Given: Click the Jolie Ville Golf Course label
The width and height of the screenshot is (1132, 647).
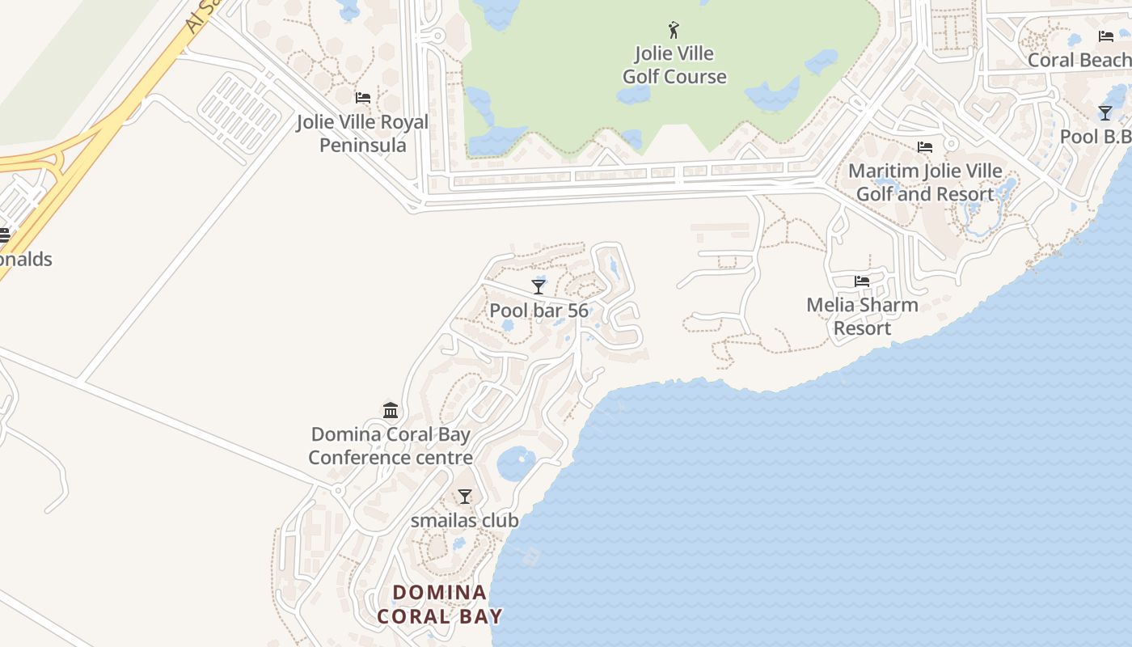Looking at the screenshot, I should tap(674, 66).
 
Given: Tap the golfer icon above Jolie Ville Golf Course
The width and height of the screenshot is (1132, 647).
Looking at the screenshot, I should tap(674, 31).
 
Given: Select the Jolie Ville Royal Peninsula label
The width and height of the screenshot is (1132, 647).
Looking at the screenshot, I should tap(362, 133).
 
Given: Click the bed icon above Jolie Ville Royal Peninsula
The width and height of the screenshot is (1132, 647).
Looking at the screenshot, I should tap(363, 98).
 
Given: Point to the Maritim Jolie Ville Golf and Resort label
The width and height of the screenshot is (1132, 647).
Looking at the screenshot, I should tap(925, 183).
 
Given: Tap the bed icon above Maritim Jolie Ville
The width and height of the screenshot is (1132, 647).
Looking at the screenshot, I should tap(925, 147).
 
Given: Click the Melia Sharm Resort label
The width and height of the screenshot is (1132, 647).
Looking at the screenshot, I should tap(862, 316).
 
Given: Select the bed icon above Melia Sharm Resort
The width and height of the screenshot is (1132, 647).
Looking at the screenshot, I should tap(862, 281).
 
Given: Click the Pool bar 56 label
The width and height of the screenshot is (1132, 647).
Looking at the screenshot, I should tap(539, 311).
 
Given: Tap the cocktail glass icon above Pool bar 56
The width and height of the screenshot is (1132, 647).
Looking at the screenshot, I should tap(539, 286).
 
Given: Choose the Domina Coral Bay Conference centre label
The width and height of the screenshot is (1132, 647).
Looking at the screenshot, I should tap(391, 446).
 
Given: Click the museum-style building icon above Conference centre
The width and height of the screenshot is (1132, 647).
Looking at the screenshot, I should tap(391, 411).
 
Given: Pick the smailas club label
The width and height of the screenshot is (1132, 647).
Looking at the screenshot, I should tap(464, 521).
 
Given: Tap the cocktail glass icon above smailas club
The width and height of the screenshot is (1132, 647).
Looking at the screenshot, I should tap(464, 497).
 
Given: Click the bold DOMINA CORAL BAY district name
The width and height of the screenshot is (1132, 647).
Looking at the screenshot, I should tap(440, 604).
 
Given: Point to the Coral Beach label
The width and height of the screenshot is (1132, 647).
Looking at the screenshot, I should tap(1079, 60).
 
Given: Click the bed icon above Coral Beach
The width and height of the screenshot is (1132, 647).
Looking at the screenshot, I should tap(1106, 36).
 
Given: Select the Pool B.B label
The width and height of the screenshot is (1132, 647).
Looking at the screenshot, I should tap(1095, 136).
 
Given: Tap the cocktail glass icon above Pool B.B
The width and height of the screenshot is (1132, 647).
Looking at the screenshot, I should tap(1105, 112).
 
